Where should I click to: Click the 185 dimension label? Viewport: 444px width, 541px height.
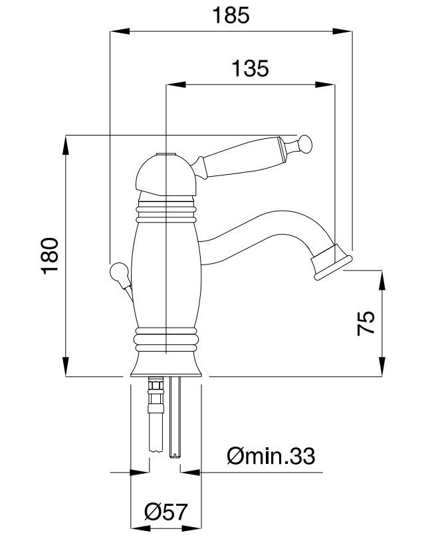click(x=231, y=14)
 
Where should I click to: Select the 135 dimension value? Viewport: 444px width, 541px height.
click(x=250, y=68)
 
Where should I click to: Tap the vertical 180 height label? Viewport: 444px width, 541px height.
click(x=52, y=255)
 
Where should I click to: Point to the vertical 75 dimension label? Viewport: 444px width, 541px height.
click(x=366, y=323)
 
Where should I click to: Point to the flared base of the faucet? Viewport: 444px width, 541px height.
click(x=166, y=362)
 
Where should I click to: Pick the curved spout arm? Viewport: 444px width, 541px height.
click(x=266, y=226)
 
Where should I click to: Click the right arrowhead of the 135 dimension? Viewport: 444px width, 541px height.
click(x=329, y=84)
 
